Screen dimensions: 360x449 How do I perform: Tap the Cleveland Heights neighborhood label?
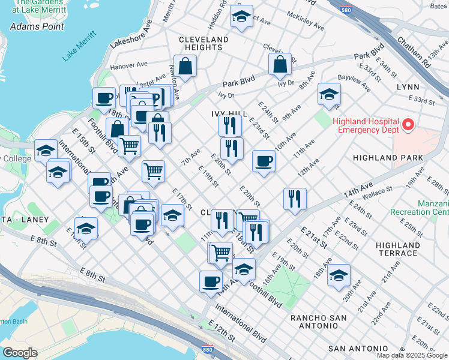204,43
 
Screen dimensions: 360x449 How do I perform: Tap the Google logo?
19,353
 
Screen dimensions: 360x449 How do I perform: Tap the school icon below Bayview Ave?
329,94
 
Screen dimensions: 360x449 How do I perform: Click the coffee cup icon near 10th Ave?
263,161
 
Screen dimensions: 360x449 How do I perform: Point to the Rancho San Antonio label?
314,321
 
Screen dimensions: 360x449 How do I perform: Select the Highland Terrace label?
397,249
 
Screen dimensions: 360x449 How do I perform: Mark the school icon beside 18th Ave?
339,275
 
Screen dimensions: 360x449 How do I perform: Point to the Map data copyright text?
412,355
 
